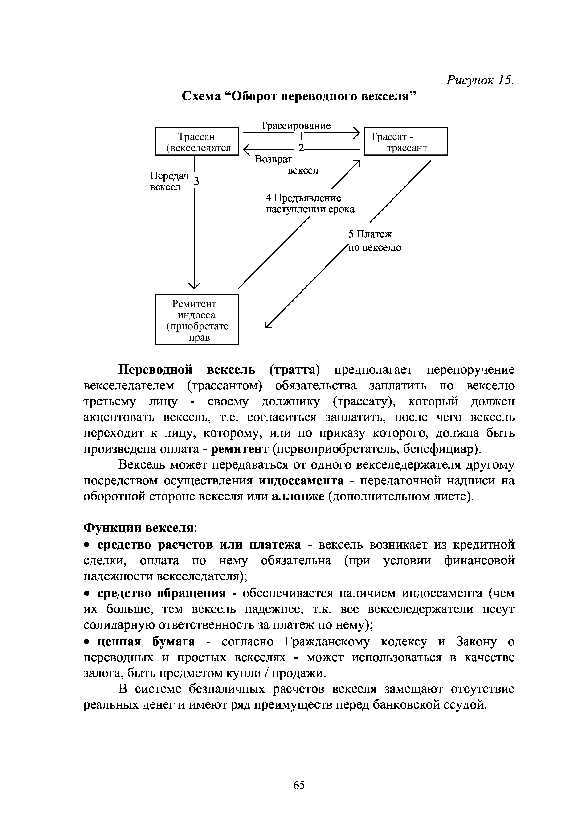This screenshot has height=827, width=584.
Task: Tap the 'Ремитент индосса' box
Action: (x=197, y=319)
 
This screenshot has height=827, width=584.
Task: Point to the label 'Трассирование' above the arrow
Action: (x=295, y=126)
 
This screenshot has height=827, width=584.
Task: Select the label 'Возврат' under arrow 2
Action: (x=274, y=159)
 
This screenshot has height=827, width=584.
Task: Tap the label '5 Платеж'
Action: (x=370, y=235)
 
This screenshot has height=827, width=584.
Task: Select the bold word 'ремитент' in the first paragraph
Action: (x=239, y=449)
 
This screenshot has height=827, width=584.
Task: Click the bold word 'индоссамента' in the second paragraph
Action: (x=301, y=480)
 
